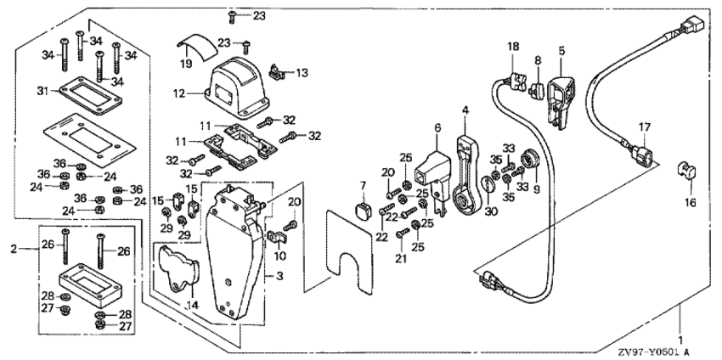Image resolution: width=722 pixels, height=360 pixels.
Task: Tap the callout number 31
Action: [x=41, y=91]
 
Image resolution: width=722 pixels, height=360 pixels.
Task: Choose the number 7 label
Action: [x=363, y=185]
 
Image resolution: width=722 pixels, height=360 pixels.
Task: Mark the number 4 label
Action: [x=465, y=110]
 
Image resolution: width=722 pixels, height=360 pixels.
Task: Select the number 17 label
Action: [x=645, y=127]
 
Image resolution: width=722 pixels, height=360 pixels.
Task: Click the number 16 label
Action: [x=690, y=203]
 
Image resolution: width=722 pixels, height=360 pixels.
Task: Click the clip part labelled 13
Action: [x=274, y=72]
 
